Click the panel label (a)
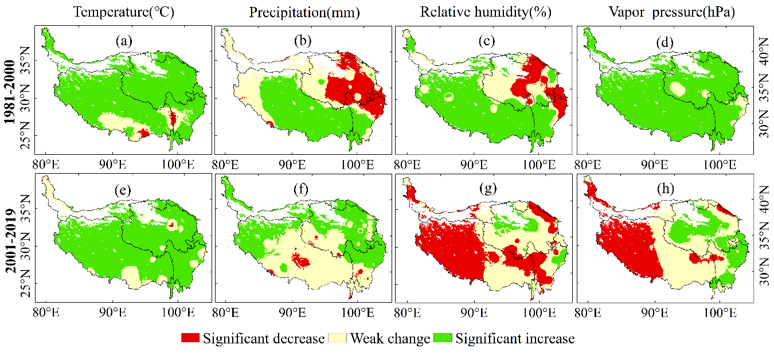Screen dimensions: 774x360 [x=124, y=41]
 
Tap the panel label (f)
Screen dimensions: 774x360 [x=301, y=189]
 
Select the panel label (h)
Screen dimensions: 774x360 [x=666, y=189]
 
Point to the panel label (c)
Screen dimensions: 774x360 [x=487, y=41]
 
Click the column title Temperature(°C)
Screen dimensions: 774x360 [x=124, y=12]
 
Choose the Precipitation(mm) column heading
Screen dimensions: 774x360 [x=304, y=13]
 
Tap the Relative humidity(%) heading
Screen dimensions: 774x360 [x=486, y=12]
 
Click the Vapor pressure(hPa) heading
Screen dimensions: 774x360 [x=671, y=12]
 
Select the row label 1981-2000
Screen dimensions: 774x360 [x=10, y=92]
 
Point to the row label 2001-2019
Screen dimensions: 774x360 [x=10, y=240]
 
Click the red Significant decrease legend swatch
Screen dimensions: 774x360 [x=190, y=338]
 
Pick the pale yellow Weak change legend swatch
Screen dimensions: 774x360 [x=337, y=338]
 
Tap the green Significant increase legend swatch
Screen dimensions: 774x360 [x=443, y=338]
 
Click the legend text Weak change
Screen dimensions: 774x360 [x=390, y=339]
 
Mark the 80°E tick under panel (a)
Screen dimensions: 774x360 [x=46, y=165]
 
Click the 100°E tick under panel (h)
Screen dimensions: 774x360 [x=720, y=313]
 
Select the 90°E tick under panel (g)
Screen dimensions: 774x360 [x=474, y=313]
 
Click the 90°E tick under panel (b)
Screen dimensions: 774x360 [x=292, y=165]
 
